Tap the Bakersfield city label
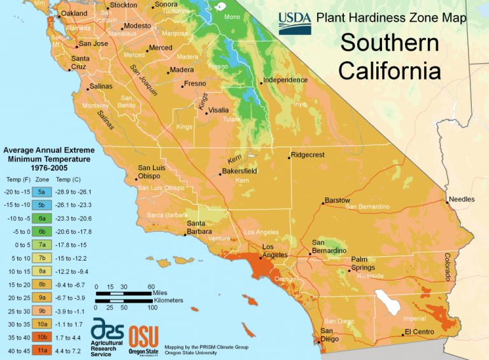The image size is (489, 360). (x=239, y=171)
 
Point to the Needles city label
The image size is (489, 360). (x=462, y=199)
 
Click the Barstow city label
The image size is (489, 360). (x=337, y=200)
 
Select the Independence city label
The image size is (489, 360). (x=285, y=80)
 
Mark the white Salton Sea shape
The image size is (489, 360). (x=389, y=301)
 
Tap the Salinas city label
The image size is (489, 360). (x=101, y=86)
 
